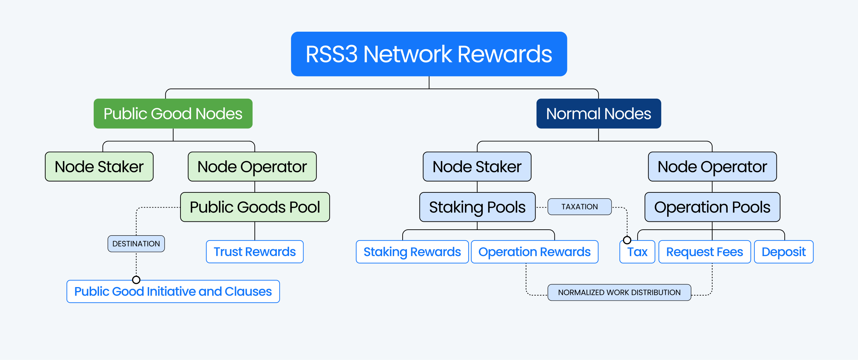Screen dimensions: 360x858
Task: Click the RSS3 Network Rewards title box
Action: (x=429, y=54)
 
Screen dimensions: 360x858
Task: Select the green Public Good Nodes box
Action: (x=173, y=114)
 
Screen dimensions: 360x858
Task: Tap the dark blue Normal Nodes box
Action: (x=598, y=114)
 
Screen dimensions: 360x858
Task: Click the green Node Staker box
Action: (x=99, y=167)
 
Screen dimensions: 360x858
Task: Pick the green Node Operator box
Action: (x=252, y=167)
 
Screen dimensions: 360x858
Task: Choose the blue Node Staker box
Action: (x=477, y=167)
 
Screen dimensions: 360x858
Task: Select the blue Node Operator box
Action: (x=712, y=167)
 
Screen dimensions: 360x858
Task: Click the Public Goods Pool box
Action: (x=255, y=207)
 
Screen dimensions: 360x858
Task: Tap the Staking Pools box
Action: (x=477, y=207)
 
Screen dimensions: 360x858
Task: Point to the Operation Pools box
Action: (x=712, y=207)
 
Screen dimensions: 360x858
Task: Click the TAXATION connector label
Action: (x=579, y=207)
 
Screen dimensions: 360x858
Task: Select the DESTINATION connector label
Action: (x=136, y=244)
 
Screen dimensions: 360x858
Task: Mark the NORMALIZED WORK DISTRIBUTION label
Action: (x=619, y=292)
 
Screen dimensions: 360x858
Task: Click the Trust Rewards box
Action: (x=254, y=252)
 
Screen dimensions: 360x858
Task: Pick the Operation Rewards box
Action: (x=534, y=252)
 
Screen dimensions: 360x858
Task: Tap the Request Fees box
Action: (x=704, y=252)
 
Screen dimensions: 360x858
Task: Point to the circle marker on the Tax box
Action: (x=627, y=240)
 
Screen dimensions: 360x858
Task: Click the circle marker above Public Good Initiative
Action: (x=136, y=279)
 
